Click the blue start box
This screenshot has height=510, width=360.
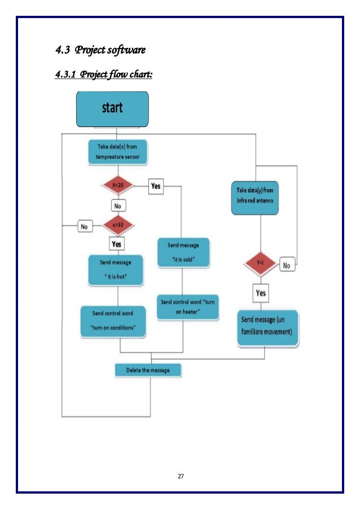[112, 108]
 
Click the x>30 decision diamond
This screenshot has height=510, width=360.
[117, 225]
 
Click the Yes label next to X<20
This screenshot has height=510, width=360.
[156, 186]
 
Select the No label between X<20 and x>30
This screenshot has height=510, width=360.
[117, 206]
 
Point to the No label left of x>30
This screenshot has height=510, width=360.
[85, 226]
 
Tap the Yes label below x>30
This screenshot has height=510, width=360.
[117, 244]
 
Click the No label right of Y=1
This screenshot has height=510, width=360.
[287, 264]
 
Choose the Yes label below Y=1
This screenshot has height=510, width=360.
[261, 293]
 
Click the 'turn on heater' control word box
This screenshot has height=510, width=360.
[187, 307]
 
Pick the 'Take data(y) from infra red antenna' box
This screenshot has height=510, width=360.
[255, 198]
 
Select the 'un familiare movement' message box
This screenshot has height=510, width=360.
[267, 326]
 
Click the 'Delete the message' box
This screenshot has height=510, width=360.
[150, 370]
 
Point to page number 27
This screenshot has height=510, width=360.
[181, 477]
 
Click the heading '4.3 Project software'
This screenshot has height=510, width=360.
[100, 51]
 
